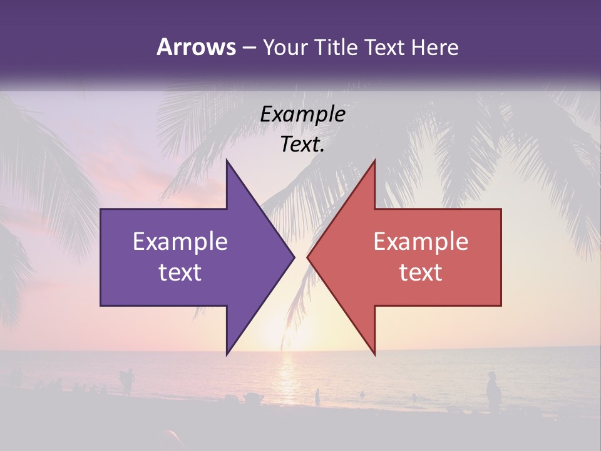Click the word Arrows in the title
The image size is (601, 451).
pos(197,47)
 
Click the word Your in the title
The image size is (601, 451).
pos(285,48)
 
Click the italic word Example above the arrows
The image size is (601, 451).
pos(303,114)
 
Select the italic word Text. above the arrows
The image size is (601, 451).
pos(303,144)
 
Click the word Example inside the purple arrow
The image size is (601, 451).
pos(180,242)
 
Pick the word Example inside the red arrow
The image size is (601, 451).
pos(421,242)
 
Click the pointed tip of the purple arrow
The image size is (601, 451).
pos(294,257)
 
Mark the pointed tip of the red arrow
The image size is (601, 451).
pos(307,257)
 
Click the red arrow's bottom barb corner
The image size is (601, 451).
pos(375,355)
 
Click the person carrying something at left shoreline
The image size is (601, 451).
pos(128,380)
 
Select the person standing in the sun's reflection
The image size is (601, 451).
pos(317,397)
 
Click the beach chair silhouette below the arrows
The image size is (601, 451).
pos(254,398)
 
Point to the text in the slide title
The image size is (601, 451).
pos(307,48)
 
